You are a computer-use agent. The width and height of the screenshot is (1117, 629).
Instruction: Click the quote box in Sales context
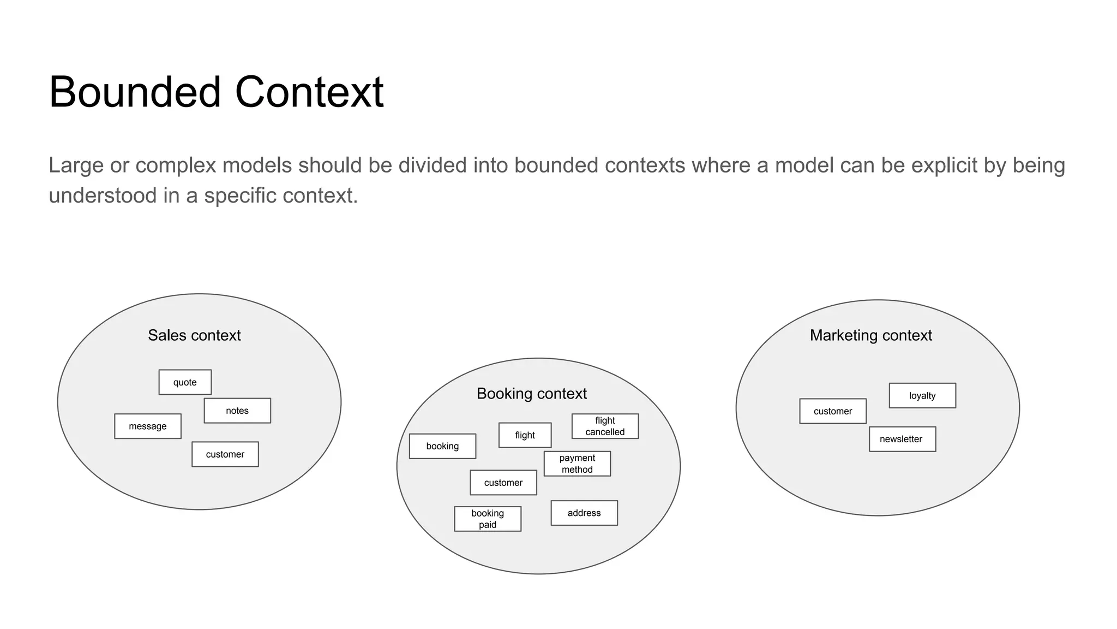tap(185, 382)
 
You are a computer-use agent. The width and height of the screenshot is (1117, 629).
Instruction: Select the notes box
tap(237, 411)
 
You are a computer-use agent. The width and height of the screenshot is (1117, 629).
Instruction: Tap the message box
tap(148, 426)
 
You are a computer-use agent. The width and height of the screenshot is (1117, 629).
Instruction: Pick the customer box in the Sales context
tap(225, 454)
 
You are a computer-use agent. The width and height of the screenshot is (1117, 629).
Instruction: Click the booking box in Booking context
tap(442, 446)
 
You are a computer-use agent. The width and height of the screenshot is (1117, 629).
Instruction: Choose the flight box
tap(525, 435)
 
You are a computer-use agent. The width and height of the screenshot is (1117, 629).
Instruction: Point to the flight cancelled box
tap(605, 426)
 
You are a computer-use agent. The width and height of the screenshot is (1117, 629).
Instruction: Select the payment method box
tap(577, 464)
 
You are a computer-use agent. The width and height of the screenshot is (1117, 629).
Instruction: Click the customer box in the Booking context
tap(503, 483)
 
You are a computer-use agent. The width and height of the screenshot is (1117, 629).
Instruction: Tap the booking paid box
tap(488, 519)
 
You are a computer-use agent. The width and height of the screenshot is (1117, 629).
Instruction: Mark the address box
tap(584, 513)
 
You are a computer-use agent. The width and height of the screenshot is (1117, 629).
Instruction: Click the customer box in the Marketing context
tap(833, 411)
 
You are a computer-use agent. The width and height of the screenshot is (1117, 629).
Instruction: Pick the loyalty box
tap(922, 395)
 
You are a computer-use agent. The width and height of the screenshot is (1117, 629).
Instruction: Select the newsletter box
tap(902, 439)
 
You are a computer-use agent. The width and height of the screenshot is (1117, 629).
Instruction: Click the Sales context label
tap(194, 335)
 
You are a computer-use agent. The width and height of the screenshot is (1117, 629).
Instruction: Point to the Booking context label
tap(532, 394)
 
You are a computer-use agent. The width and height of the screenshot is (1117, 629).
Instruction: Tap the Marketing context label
tap(871, 335)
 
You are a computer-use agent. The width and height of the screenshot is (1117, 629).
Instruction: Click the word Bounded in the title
tap(135, 92)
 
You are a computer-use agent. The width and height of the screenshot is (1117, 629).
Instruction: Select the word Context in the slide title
tap(309, 92)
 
